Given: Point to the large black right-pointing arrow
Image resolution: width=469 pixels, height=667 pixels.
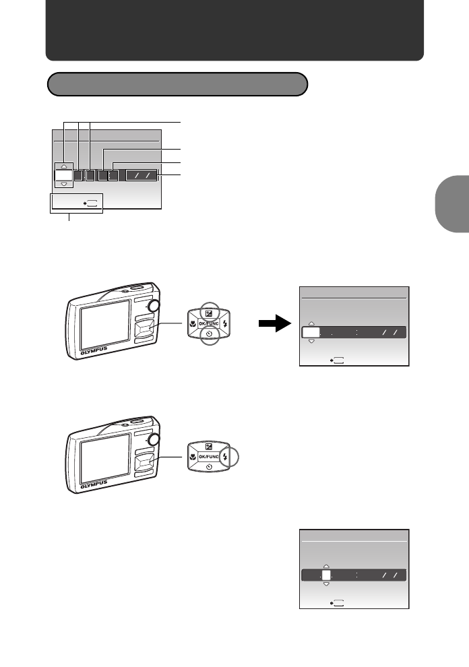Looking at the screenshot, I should click(272, 325).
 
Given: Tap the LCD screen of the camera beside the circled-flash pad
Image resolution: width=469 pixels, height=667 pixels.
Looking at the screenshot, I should click(105, 456).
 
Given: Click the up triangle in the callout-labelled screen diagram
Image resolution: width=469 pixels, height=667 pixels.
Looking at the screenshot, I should click(63, 166).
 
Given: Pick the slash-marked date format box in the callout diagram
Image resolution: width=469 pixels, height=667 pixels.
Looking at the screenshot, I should click(141, 175).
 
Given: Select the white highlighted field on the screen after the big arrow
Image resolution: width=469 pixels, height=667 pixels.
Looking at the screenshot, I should click(311, 332).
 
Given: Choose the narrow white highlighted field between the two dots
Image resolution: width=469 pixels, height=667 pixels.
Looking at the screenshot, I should click(326, 575).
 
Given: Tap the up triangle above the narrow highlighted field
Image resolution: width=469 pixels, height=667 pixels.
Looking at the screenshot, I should click(326, 566).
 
